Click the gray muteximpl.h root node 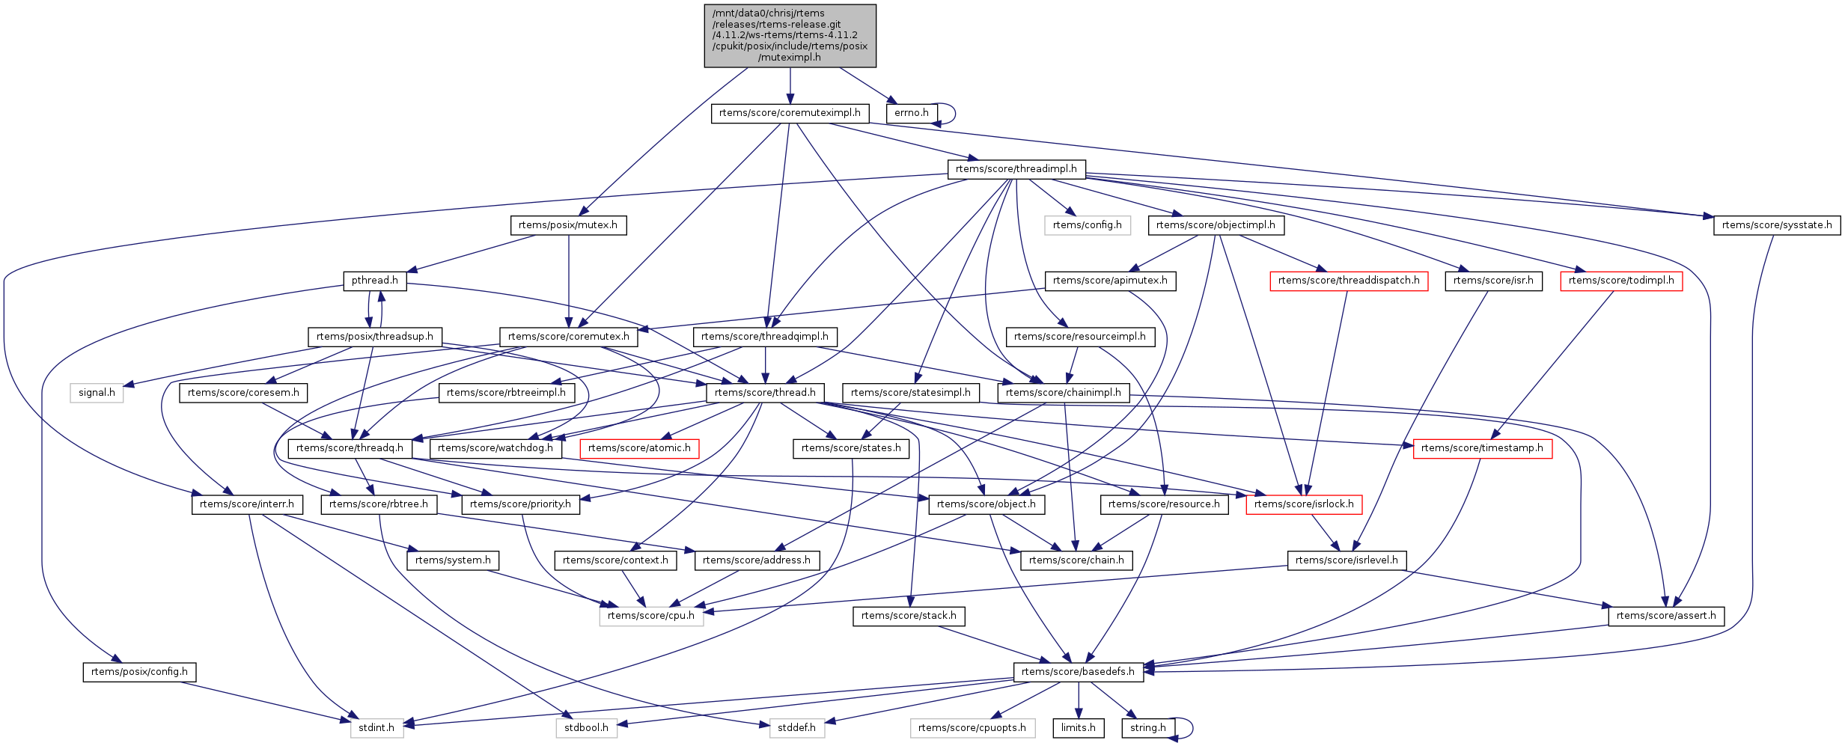coord(790,36)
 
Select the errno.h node coord(911,113)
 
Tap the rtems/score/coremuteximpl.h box coord(790,113)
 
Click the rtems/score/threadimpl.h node coord(1016,169)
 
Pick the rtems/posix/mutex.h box coord(568,225)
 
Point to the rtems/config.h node coord(1087,225)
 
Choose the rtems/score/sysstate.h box coord(1776,225)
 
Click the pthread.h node coord(374,281)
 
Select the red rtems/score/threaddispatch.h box coord(1348,281)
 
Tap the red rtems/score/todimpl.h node coord(1621,281)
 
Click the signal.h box coord(97,393)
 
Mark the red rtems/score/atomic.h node coord(638,448)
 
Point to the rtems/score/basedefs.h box coord(1078,672)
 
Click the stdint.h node coord(376,728)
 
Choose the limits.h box coord(1078,728)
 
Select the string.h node coord(1147,728)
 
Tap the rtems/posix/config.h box coord(139,672)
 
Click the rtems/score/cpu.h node coord(650,616)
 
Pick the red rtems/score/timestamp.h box coord(1482,448)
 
